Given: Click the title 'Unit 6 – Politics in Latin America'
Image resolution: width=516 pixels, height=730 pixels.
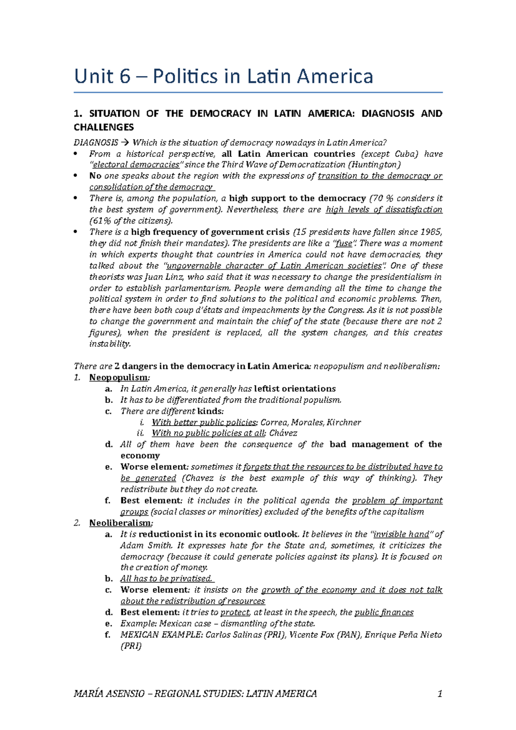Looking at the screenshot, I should coord(224,77).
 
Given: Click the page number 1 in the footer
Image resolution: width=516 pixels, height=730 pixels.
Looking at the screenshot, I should coord(439,693).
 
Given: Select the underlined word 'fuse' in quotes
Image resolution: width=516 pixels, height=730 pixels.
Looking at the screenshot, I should coord(343,243).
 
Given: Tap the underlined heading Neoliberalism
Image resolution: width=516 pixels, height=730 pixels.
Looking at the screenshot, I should coord(120,523).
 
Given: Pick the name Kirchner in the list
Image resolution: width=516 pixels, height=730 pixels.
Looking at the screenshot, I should coord(344,422).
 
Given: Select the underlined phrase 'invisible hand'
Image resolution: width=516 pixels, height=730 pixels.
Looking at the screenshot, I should coord(401,534).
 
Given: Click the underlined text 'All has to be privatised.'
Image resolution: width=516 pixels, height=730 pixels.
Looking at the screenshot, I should coord(166,579).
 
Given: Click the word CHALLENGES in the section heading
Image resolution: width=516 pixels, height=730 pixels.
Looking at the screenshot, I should coord(104,127).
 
